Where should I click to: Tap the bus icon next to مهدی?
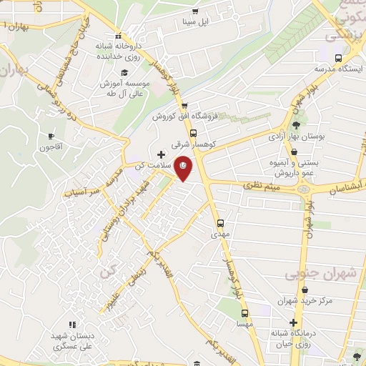pyautogui.click(x=220, y=222)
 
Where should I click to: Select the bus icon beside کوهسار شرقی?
pyautogui.click(x=193, y=133)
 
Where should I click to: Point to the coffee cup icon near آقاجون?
pyautogui.click(x=51, y=136)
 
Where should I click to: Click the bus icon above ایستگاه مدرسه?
pyautogui.click(x=339, y=59)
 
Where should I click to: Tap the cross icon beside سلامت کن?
pyautogui.click(x=162, y=154)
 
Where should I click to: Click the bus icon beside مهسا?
pyautogui.click(x=245, y=314)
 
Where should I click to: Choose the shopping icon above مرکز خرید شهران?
pyautogui.click(x=306, y=290)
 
